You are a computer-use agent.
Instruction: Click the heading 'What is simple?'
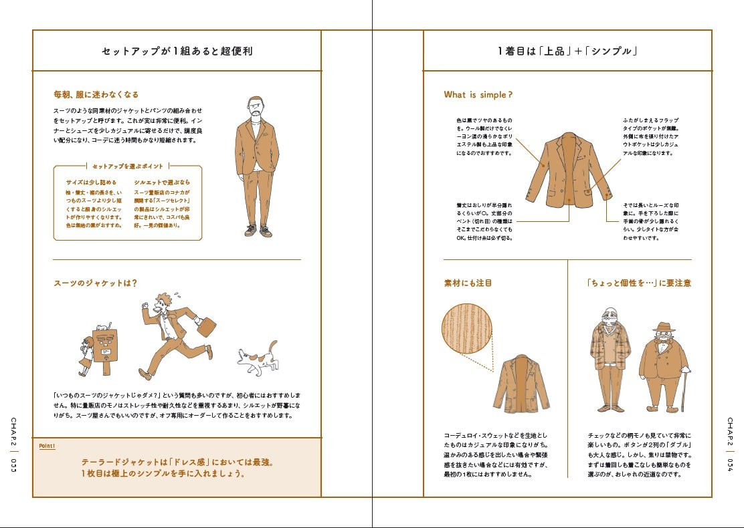pyautogui.click(x=478, y=95)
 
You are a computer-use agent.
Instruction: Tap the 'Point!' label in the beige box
pyautogui.click(x=47, y=446)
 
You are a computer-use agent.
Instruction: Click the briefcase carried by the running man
pyautogui.click(x=205, y=327)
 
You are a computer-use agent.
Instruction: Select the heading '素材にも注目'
pyautogui.click(x=468, y=283)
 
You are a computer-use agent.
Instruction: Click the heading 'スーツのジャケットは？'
pyautogui.click(x=95, y=283)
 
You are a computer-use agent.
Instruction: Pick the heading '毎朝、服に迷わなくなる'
pyautogui.click(x=96, y=95)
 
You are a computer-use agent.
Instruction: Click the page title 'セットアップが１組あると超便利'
pyautogui.click(x=177, y=51)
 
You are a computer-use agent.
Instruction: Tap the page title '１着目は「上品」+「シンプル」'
pyautogui.click(x=567, y=51)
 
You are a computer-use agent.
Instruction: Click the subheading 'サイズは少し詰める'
pyautogui.click(x=91, y=182)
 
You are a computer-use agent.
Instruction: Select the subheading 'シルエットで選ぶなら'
pyautogui.click(x=162, y=182)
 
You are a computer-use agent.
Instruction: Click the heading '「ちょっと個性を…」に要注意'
pyautogui.click(x=639, y=283)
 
